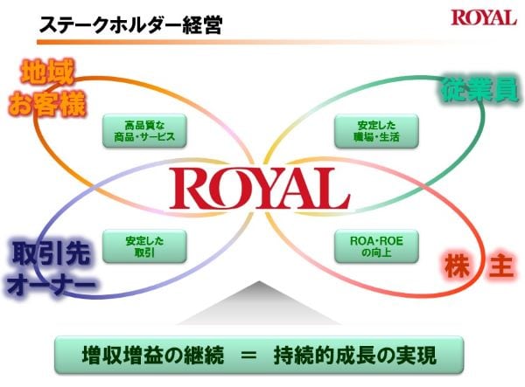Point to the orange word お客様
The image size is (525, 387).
pyautogui.click(x=47, y=104)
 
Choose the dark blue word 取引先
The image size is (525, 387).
pyautogui.click(x=46, y=253)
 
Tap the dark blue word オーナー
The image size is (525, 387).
pyautogui.click(x=47, y=284)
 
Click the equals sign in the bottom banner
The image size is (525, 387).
pyautogui.click(x=250, y=356)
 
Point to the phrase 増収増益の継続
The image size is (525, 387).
pyautogui.click(x=153, y=356)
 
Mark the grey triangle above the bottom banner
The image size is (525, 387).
pyautogui.click(x=259, y=306)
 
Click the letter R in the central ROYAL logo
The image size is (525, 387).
pyautogui.click(x=191, y=190)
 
